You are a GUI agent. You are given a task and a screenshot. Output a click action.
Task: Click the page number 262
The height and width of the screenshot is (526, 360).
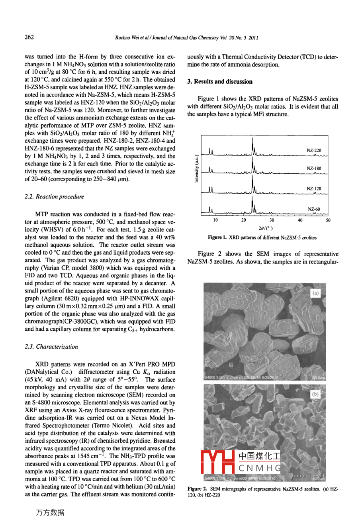[x=29, y=37]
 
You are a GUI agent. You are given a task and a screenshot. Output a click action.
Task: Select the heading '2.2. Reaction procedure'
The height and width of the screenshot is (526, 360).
[x=55, y=197]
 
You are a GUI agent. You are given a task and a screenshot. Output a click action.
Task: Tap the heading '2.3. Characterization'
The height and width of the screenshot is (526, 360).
[x=51, y=347]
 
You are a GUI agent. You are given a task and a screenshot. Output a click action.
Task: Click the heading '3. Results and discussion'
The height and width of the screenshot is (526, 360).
[x=220, y=82]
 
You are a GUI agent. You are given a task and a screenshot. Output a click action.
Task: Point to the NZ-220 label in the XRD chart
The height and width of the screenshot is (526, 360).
[x=314, y=151]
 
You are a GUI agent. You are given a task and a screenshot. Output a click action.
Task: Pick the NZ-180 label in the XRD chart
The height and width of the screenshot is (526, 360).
[x=314, y=169]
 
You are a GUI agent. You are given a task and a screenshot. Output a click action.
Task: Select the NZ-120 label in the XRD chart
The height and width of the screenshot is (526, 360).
[x=314, y=188]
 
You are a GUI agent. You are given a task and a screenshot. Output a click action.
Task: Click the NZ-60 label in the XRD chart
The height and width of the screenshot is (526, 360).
[x=314, y=209]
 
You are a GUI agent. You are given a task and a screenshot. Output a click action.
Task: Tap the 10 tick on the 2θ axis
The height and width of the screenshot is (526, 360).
[x=215, y=220]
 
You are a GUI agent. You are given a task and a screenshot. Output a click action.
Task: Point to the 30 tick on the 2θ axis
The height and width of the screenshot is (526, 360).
[x=272, y=220]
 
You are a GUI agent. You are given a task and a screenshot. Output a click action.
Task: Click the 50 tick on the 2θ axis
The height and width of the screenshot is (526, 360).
[x=328, y=220]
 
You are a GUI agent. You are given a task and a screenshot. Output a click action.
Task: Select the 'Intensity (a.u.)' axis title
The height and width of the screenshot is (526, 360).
[x=196, y=169]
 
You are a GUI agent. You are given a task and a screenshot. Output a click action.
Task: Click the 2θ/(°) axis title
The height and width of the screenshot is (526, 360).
[x=266, y=228]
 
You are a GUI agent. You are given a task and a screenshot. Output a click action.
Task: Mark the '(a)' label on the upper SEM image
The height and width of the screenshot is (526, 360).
[x=315, y=293]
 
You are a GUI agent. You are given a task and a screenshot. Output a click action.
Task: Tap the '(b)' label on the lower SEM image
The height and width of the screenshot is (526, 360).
[x=315, y=394]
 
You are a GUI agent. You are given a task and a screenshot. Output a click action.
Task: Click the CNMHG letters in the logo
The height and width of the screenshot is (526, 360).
[x=260, y=468]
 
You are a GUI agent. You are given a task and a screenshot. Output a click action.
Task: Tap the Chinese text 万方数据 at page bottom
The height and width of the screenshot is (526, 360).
[x=50, y=513]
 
